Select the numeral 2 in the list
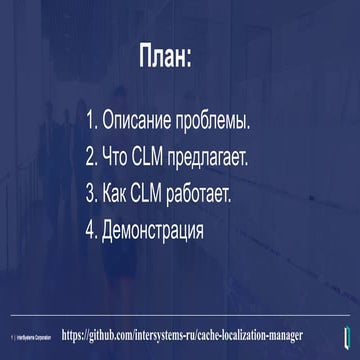[89, 157]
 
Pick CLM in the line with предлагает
[157, 157]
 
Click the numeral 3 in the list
[89, 192]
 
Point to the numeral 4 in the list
[89, 228]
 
